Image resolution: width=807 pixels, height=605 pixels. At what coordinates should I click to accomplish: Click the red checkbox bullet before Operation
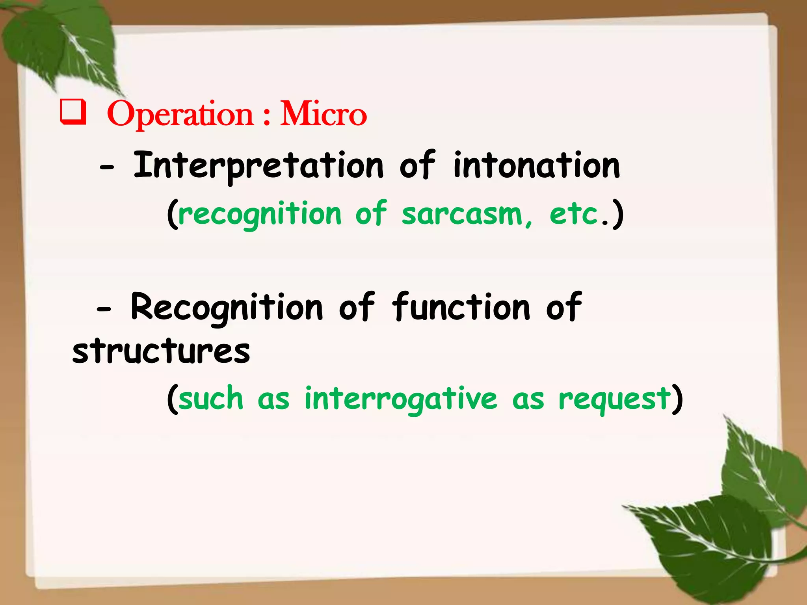pos(73,113)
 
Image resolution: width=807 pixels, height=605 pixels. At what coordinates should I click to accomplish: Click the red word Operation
pos(180,115)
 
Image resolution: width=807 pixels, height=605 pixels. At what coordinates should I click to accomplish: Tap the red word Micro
pos(323,114)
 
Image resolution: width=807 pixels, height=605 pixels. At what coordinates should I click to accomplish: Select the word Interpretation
pos(258,166)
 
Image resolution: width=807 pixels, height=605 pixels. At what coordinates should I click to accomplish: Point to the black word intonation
pos(537,166)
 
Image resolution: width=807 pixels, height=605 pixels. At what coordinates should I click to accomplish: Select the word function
pos(461,307)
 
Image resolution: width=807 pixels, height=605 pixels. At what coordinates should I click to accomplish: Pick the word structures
pos(161,351)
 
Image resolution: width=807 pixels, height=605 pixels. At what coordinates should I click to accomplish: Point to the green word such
pos(211,399)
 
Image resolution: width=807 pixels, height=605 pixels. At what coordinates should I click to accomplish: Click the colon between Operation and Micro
pos(267,116)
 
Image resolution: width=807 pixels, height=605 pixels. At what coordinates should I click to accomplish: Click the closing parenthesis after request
pos(677,399)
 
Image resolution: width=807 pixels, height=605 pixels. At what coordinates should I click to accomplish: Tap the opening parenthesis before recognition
pos(172,215)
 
